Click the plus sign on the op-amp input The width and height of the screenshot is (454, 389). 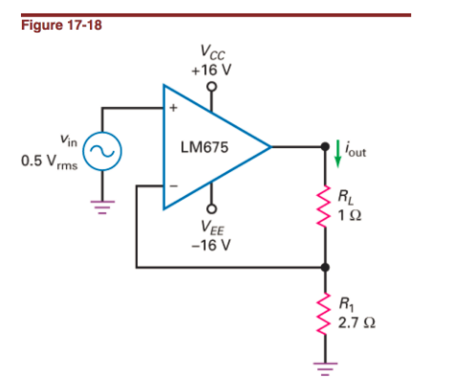[x=174, y=108]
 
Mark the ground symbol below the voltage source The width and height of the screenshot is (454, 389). [x=100, y=202]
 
